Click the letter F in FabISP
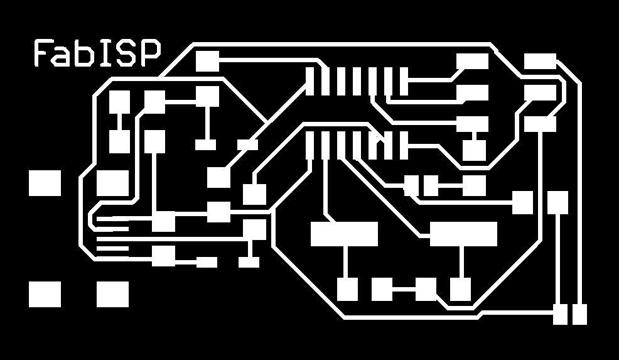(41, 53)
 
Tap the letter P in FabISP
(149, 53)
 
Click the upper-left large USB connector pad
(45, 183)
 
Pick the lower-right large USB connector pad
(112, 294)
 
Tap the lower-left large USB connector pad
(45, 294)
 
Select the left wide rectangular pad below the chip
(344, 234)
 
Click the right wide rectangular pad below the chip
(463, 234)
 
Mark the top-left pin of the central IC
(309, 82)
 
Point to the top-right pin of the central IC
(404, 82)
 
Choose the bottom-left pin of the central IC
(309, 145)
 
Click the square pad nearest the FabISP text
(207, 62)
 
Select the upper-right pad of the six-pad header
(540, 62)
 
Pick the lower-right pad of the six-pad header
(540, 124)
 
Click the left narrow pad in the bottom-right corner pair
(560, 314)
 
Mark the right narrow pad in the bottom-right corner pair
(579, 314)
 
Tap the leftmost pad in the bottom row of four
(347, 289)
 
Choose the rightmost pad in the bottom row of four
(460, 289)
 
